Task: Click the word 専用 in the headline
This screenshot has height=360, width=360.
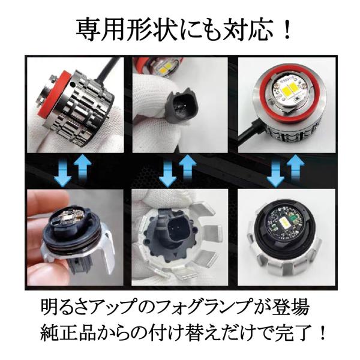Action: pyautogui.click(x=99, y=29)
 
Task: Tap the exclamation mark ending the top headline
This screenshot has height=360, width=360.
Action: pyautogui.click(x=286, y=29)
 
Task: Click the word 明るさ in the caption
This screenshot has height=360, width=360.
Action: pyautogui.click(x=68, y=307)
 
